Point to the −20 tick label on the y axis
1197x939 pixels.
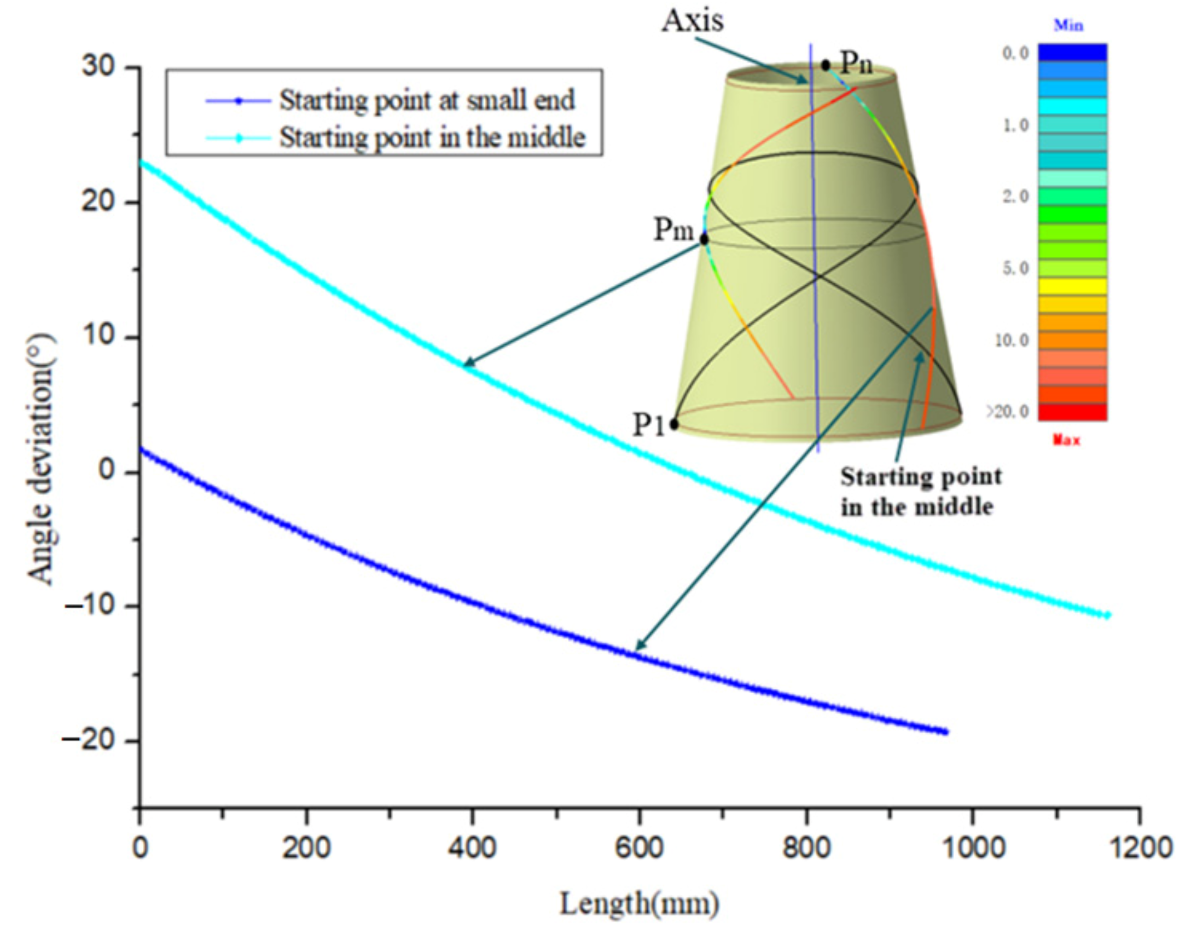[x=90, y=740]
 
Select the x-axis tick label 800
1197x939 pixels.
[x=806, y=848]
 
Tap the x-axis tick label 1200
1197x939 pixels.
[x=1140, y=848]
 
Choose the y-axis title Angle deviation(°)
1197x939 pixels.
[x=42, y=459]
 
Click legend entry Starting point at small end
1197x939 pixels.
[x=426, y=101]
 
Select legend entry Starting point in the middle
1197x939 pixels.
[x=432, y=137]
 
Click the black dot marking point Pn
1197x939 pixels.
[x=825, y=65]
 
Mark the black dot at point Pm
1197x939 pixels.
[x=704, y=240]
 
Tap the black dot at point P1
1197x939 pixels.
[x=674, y=424]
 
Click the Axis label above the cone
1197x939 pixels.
[x=692, y=21]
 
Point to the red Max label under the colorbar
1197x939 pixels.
[x=1066, y=440]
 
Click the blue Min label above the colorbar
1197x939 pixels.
[x=1068, y=25]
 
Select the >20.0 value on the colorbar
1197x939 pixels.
[x=1008, y=411]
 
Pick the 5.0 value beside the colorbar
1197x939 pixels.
[x=1016, y=268]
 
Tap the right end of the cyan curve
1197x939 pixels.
[x=1107, y=615]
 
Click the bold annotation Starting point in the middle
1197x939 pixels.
[x=921, y=492]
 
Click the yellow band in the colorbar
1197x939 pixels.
[x=1072, y=286]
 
